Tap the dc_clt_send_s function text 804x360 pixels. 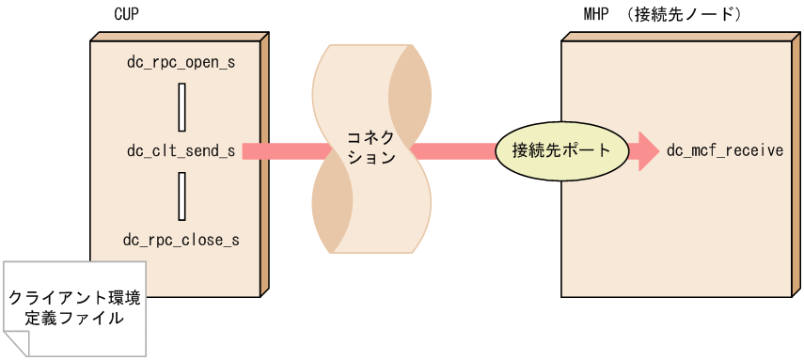click(x=181, y=150)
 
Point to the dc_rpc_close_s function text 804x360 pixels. click(x=181, y=240)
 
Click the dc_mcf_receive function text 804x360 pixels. click(x=724, y=150)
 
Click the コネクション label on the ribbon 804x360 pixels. click(x=371, y=150)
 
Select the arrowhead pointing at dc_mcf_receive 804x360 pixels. click(x=646, y=150)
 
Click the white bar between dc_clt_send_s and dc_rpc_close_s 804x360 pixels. click(x=181, y=195)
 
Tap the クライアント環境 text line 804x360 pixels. click(x=74, y=298)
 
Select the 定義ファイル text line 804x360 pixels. click(x=74, y=319)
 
